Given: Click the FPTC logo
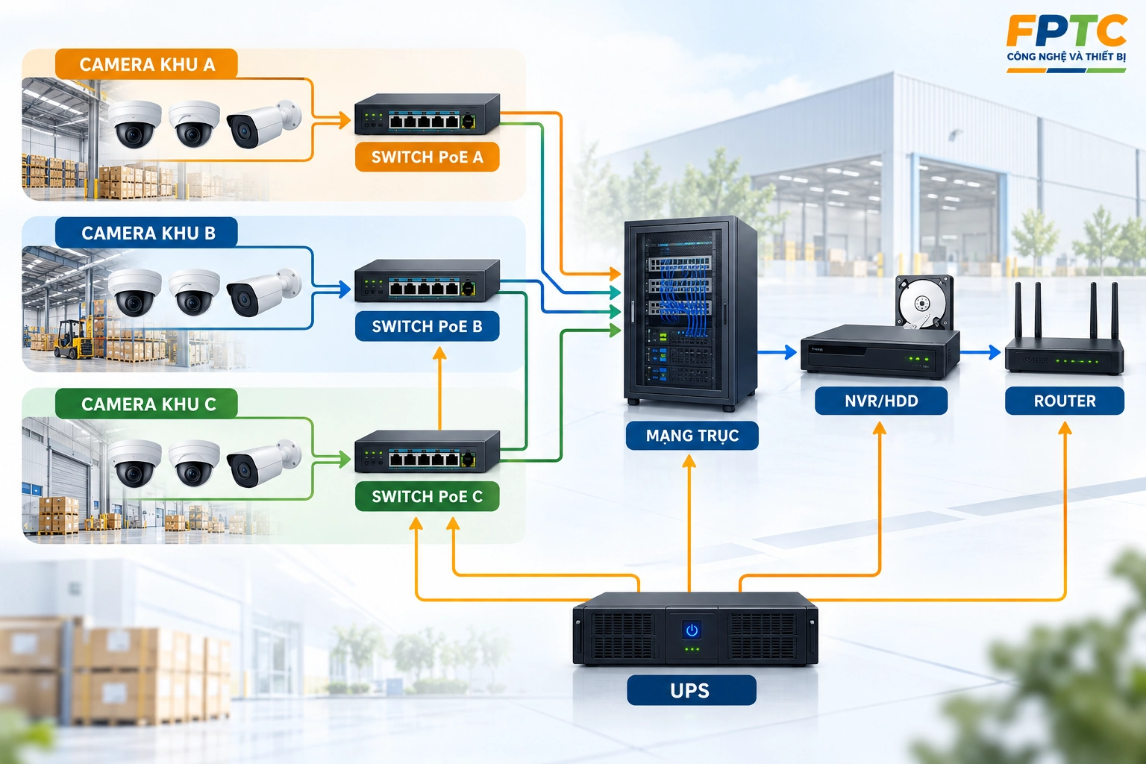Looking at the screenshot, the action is pos(1066,44).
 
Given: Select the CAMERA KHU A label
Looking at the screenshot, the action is pos(146,64).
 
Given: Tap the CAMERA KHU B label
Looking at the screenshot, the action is pos(146,233).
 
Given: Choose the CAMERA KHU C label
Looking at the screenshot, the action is pos(146,404).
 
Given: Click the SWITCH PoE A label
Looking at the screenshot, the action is pos(428,157).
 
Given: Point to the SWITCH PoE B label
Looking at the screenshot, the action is pos(428,326).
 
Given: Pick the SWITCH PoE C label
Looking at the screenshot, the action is pos(428,496).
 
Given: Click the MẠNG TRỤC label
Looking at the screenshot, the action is pos(692,436).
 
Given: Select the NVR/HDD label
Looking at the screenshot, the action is pos(881,401).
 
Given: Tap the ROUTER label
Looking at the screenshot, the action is pos(1065,401).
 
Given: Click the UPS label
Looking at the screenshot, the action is pos(691,690).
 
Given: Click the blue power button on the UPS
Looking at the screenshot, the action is pos(692,630).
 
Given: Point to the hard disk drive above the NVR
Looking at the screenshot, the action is pos(924,303).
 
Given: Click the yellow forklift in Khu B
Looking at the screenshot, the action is pos(75,339).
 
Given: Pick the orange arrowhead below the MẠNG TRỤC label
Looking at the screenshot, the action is pos(689,462).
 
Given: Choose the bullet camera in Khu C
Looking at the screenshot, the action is pos(263,463).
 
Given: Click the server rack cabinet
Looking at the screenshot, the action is pos(690,312).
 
